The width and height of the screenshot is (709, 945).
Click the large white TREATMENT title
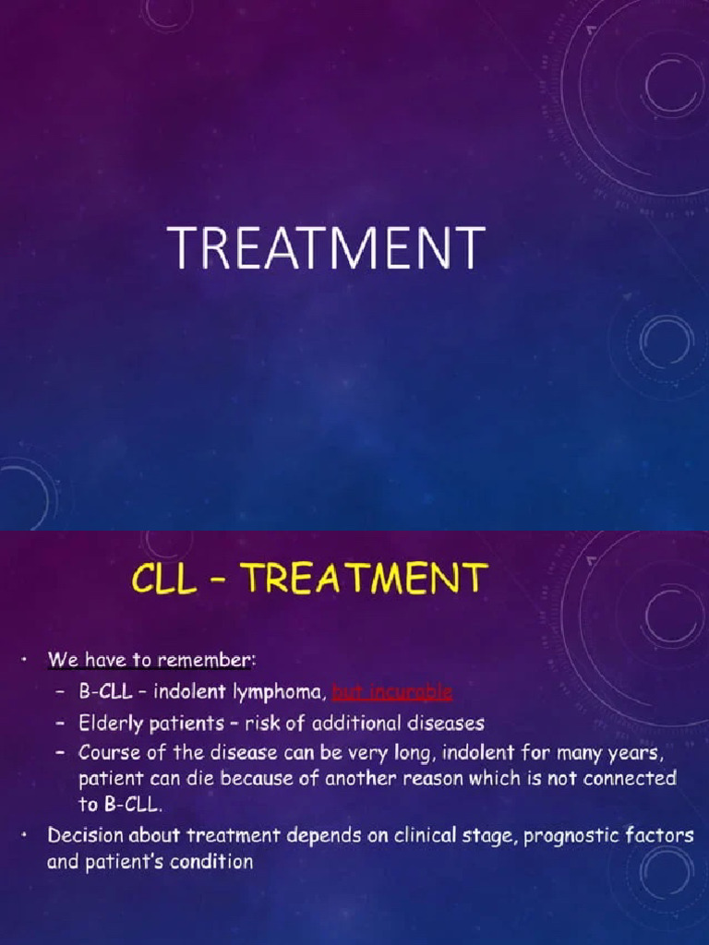(326, 248)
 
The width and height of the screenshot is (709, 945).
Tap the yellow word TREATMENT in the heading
(366, 580)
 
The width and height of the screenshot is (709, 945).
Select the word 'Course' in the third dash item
(109, 752)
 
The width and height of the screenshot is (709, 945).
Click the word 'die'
(205, 778)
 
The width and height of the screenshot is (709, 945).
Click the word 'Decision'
(89, 836)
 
